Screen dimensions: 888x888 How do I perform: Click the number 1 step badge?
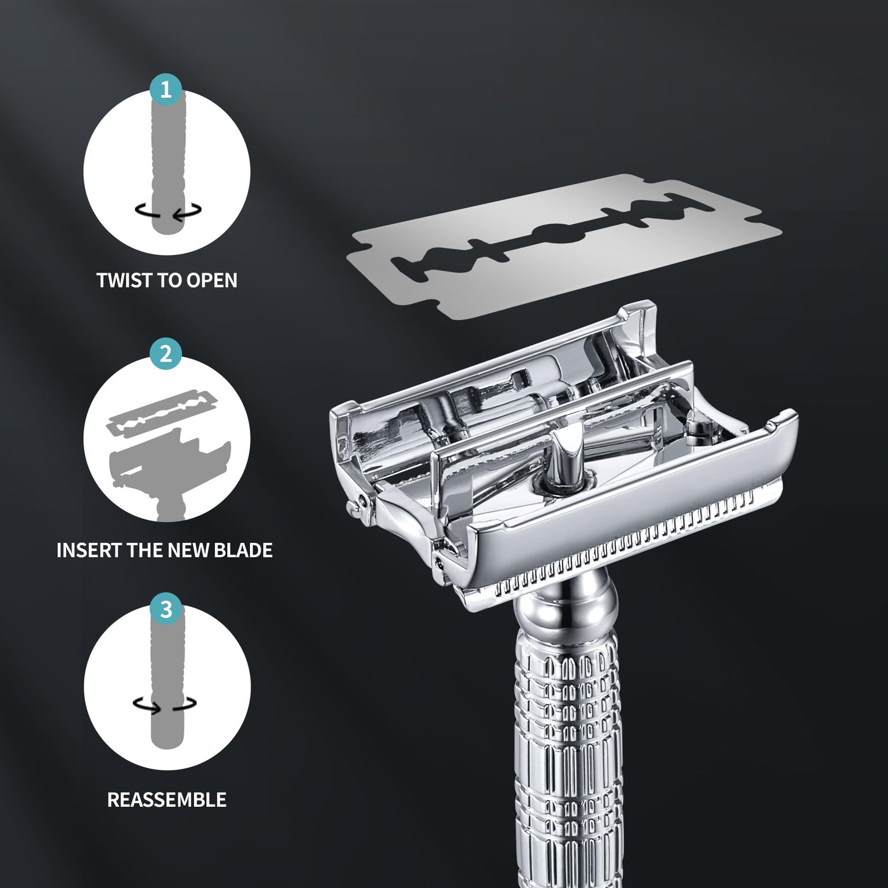166,89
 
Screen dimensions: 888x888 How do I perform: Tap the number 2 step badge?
166,353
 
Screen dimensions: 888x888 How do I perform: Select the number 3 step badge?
166,609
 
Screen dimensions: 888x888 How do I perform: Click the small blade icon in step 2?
162,412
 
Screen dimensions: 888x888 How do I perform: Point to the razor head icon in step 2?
169,474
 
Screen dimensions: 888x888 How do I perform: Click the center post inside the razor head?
568,456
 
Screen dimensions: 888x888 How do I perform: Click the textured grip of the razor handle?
569,755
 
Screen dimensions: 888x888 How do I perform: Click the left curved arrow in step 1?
147,211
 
